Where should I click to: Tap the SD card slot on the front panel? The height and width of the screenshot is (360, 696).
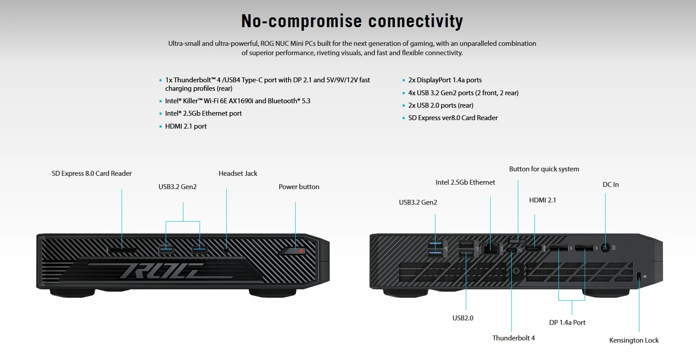coord(122,250)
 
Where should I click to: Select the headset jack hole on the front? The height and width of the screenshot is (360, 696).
coord(227,250)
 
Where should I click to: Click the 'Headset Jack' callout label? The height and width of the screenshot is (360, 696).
coord(238,174)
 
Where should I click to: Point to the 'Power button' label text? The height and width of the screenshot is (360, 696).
coord(299,187)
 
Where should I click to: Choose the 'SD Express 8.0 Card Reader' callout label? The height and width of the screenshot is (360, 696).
coord(92,174)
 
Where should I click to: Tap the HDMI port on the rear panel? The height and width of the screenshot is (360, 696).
coord(533,248)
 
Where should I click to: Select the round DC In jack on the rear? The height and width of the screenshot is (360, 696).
coord(605,248)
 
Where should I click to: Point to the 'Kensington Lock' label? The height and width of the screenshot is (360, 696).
coord(634,340)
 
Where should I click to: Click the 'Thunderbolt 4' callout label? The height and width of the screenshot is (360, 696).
coord(513,338)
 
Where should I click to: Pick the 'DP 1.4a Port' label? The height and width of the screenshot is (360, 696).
coord(567,323)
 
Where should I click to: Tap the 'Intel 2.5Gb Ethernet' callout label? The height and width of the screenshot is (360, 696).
coord(465,182)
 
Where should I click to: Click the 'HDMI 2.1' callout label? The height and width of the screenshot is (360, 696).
coord(542,200)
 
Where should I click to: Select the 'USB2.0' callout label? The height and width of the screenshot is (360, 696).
coord(463,318)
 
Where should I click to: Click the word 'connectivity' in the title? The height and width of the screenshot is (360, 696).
coord(416,21)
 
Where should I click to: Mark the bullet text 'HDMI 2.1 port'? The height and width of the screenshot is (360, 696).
coord(186,126)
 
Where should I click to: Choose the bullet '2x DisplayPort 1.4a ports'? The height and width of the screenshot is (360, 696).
coord(445,80)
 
